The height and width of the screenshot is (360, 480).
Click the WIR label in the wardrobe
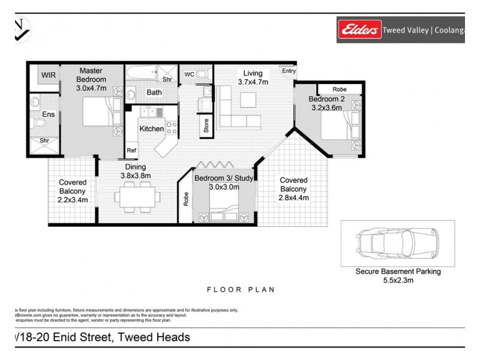(x=48, y=76)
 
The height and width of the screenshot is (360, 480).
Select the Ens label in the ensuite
(x=48, y=114)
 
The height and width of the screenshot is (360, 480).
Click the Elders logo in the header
(x=359, y=29)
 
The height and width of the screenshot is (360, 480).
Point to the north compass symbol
(x=22, y=29)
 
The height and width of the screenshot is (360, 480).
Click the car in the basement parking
(x=397, y=242)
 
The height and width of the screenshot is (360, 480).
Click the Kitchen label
(x=151, y=129)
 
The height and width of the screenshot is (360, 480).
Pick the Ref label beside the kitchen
(x=131, y=151)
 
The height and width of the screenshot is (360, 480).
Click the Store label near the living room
(x=206, y=127)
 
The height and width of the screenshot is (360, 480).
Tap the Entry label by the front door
(x=289, y=71)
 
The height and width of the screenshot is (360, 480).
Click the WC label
(x=189, y=74)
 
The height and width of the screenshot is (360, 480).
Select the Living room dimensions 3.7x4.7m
(x=253, y=82)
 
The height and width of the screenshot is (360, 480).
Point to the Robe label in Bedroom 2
(x=339, y=89)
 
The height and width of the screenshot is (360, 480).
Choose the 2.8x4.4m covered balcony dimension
(x=293, y=197)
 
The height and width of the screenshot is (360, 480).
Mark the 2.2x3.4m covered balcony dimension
(x=73, y=200)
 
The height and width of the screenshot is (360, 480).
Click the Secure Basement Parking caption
(x=398, y=271)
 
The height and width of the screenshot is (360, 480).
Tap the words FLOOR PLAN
(x=241, y=289)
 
